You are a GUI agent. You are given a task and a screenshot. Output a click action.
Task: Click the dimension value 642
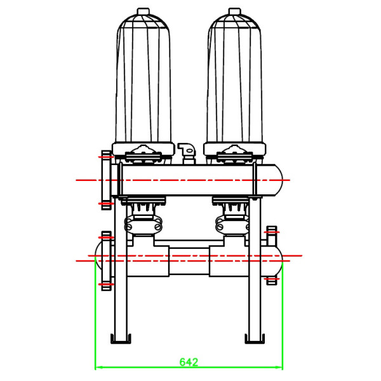(x=189, y=362)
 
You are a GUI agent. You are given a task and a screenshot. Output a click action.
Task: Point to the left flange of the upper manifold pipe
(x=105, y=180)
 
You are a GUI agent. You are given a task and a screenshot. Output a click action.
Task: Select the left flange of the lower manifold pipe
(x=106, y=260)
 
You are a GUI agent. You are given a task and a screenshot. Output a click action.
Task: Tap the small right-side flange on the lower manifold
(x=272, y=254)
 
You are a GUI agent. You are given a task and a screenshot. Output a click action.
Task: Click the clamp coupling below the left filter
(x=143, y=224)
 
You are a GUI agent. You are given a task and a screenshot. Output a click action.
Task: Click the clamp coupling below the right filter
(x=233, y=224)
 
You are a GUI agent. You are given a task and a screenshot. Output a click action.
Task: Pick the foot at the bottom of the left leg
(x=120, y=341)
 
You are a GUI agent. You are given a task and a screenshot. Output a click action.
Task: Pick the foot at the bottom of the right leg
(x=255, y=341)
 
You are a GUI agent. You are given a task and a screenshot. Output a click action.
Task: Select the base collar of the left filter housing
(x=143, y=149)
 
